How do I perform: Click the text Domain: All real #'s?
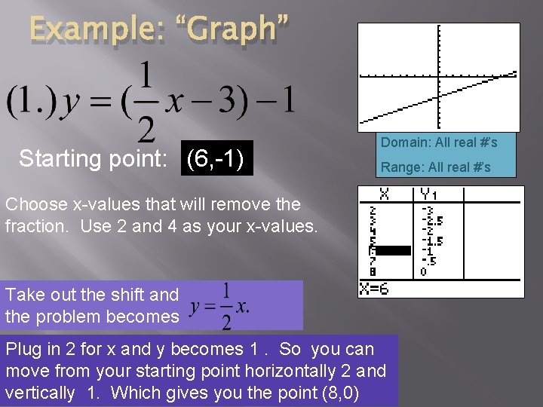438,142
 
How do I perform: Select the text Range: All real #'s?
435,167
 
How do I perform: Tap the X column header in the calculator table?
385,194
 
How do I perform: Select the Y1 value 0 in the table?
423,270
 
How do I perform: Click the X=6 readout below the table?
374,289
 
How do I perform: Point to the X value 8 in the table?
371,270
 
